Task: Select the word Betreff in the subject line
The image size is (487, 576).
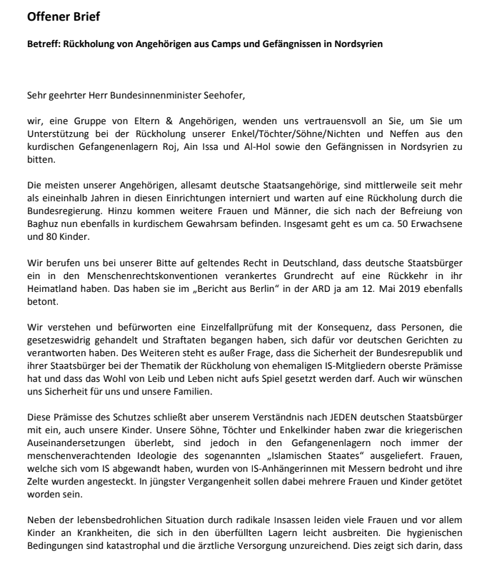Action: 42,44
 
